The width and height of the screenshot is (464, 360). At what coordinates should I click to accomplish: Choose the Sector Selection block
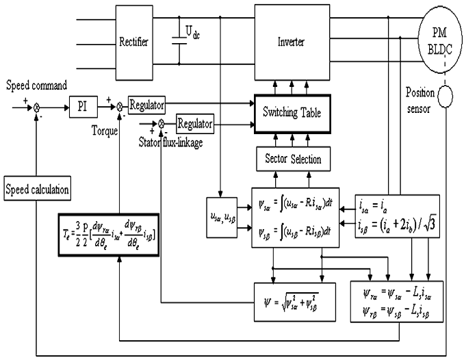[288, 159]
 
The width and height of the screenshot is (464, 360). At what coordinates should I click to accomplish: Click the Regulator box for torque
[147, 105]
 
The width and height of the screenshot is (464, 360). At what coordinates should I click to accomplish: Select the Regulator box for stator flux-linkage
[195, 124]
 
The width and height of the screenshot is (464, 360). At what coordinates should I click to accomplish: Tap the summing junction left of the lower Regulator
[162, 125]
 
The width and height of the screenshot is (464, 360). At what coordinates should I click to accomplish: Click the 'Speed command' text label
[36, 86]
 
